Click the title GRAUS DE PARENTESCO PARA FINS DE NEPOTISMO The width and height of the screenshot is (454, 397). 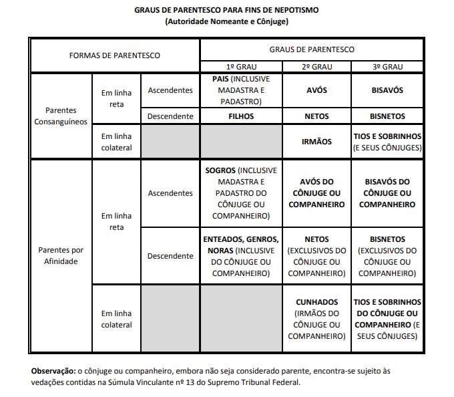point(226,11)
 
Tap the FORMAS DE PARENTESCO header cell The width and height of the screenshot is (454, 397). point(115,55)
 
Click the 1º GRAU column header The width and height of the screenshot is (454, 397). point(241,68)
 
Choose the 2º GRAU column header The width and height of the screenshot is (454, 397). point(316,68)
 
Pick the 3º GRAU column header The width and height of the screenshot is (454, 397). point(387,68)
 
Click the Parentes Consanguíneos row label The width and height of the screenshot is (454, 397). point(61,116)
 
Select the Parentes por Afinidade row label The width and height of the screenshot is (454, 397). point(61,255)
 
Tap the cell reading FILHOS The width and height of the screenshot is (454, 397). point(241,116)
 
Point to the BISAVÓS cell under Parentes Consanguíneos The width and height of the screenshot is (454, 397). point(387,90)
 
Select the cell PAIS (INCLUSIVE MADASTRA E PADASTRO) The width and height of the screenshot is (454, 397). point(241,90)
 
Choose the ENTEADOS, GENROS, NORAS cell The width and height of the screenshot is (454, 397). point(241,256)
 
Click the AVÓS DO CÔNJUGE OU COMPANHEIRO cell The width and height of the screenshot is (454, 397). point(316,192)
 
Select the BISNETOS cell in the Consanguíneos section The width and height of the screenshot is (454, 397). point(387,116)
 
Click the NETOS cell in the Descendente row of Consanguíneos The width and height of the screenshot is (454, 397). point(316,116)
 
